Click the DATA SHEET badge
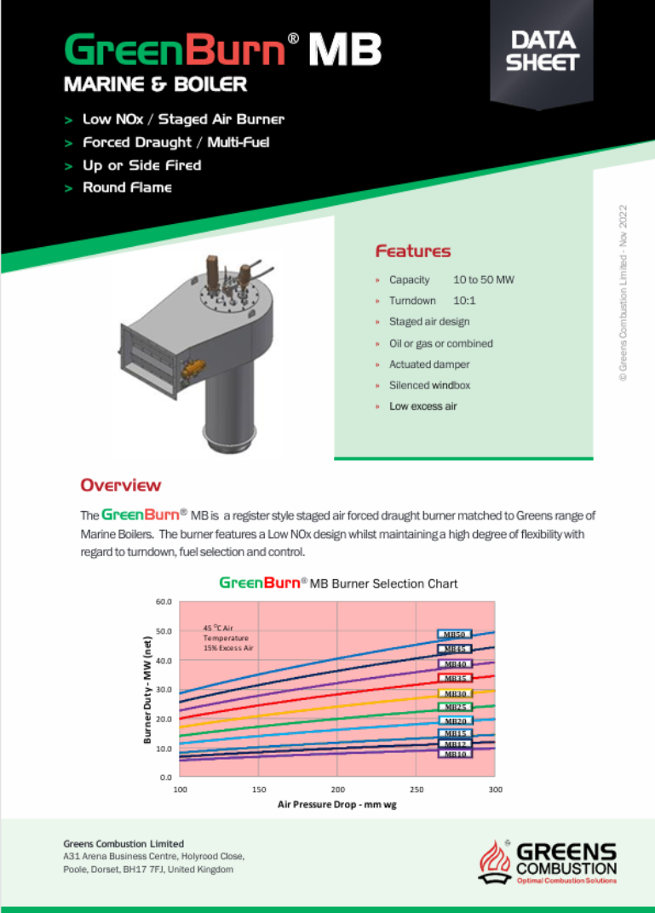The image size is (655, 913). tap(542, 52)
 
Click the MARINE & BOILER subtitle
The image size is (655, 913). tap(155, 85)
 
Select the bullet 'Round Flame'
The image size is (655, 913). tap(126, 187)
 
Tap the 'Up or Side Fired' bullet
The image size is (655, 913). tap(141, 165)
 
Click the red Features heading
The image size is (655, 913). tap(413, 251)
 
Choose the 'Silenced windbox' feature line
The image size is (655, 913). tap(429, 385)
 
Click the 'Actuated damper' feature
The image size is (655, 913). tap(429, 365)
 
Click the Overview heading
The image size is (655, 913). tap(120, 485)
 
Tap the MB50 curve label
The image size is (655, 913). tap(454, 635)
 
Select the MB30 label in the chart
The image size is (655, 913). tap(454, 693)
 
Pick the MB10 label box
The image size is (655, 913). tap(454, 753)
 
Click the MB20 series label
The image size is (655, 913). tap(454, 721)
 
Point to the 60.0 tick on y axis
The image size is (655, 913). tap(164, 601)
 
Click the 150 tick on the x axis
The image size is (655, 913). tap(259, 790)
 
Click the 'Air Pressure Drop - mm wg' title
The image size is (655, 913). tap(336, 803)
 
